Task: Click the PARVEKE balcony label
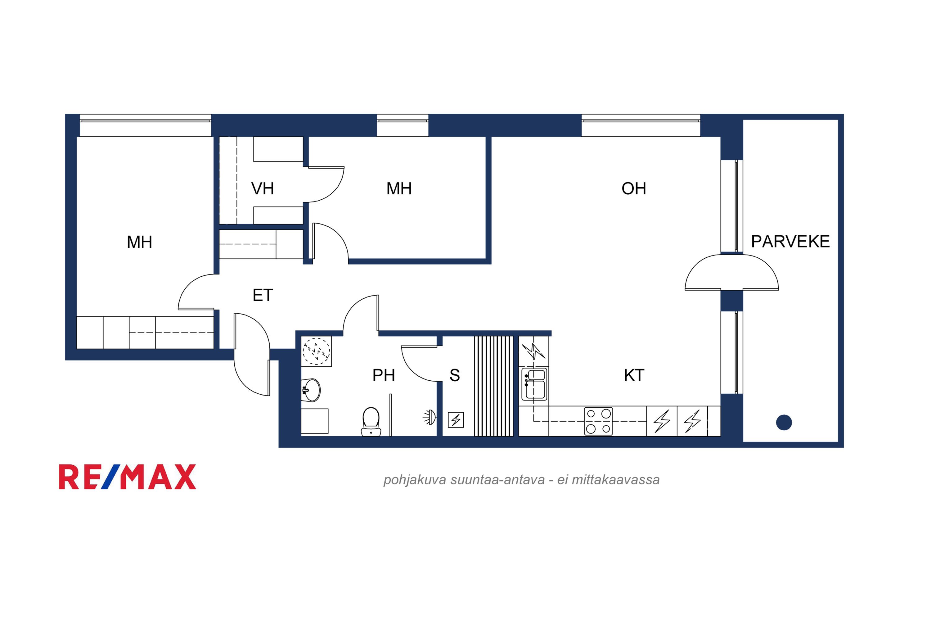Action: point(790,242)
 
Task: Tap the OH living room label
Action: point(634,188)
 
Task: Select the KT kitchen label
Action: point(634,375)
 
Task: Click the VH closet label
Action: point(263,188)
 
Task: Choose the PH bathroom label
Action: point(384,375)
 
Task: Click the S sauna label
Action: point(455,375)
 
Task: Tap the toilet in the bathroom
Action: point(371,422)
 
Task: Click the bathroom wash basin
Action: point(311,390)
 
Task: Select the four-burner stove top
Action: point(599,421)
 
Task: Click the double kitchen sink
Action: point(534,384)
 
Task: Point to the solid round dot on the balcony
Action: point(784,423)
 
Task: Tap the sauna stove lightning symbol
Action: point(456,420)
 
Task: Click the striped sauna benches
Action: point(494,386)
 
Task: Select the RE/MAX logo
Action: point(128,477)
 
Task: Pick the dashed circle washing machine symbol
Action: point(316,351)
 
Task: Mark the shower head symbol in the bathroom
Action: point(430,417)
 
